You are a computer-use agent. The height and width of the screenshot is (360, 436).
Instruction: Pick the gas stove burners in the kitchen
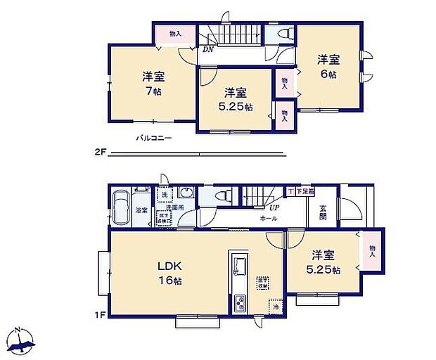coord(240,304)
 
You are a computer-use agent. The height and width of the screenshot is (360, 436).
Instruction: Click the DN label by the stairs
coord(208,50)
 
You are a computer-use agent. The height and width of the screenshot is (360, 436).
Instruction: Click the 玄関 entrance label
coord(323,212)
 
